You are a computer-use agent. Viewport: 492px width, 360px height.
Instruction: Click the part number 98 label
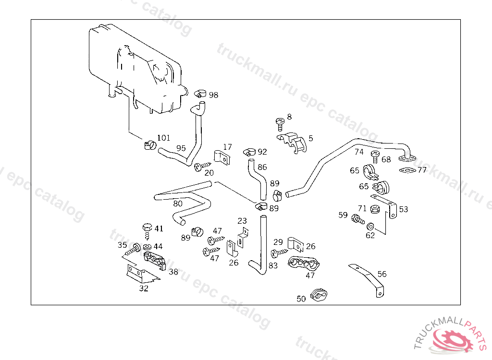click(213, 95)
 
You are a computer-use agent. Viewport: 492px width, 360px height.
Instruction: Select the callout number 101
click(163, 138)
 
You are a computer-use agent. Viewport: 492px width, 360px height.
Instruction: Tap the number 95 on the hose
click(181, 148)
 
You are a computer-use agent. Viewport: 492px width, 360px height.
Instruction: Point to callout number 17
click(227, 147)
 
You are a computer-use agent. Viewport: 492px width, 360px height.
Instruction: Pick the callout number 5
click(311, 138)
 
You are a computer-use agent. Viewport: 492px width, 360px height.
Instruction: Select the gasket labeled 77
click(406, 170)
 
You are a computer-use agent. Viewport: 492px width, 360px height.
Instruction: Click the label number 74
click(359, 152)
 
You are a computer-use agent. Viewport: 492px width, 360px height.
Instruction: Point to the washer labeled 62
click(370, 226)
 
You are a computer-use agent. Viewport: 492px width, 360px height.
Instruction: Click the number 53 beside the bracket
click(403, 209)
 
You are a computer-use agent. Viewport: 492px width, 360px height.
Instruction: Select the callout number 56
click(381, 274)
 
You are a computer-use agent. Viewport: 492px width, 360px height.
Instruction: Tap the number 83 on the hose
click(273, 265)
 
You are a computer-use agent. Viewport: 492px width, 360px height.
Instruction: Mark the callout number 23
click(242, 221)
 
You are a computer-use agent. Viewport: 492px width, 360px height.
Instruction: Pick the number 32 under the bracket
click(144, 288)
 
